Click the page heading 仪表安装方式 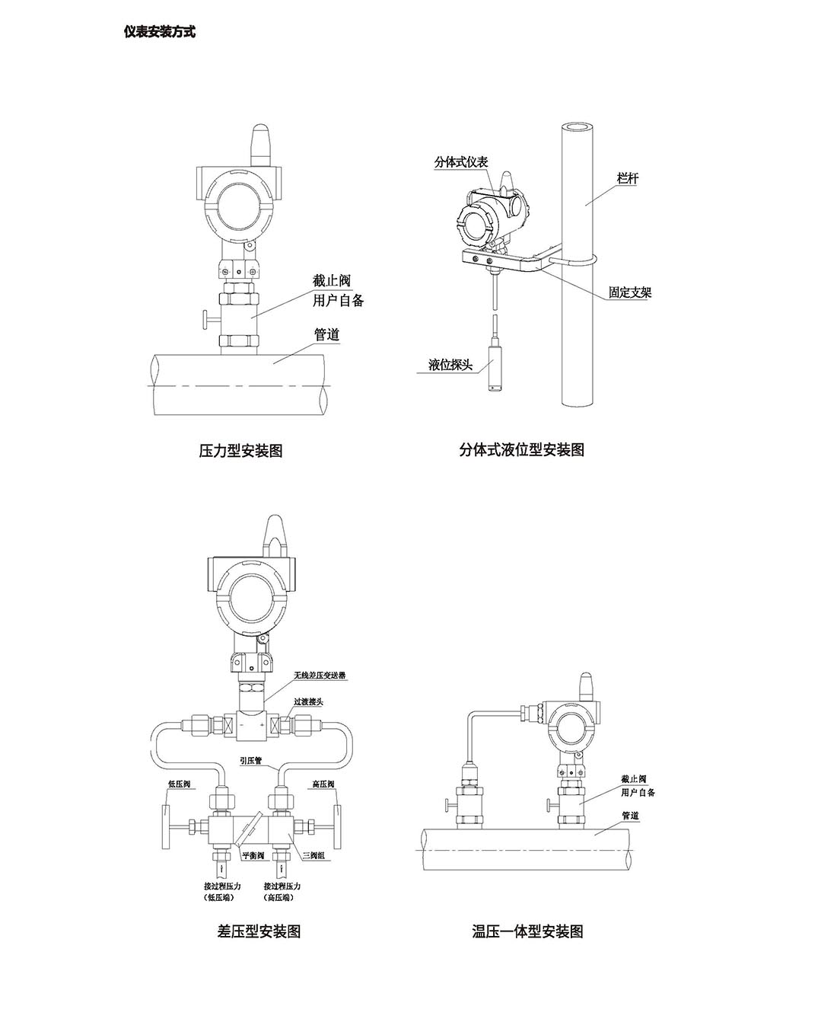click(x=159, y=32)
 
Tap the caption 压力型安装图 click(x=240, y=450)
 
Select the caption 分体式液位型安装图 click(x=522, y=449)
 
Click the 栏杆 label click(x=627, y=178)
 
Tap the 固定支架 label click(x=630, y=292)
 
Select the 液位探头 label click(x=450, y=365)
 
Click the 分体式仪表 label click(x=461, y=162)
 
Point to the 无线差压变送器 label click(x=320, y=676)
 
